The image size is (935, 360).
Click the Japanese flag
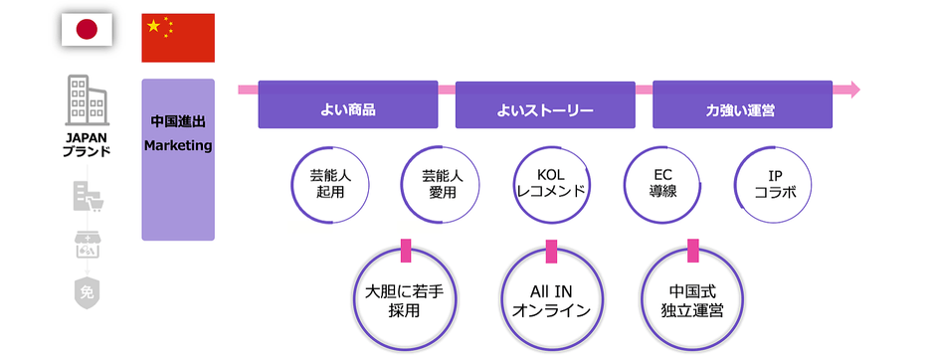87,30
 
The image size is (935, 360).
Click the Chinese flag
178,38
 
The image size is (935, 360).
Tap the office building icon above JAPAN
87,100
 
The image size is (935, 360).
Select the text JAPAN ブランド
87,145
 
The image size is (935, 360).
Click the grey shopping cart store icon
87,197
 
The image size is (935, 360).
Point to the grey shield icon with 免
87,292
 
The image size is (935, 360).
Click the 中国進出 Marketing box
178,159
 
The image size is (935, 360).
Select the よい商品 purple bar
347,110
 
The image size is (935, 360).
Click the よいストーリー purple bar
544,110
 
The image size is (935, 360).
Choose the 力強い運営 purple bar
741,110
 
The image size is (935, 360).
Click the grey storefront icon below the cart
87,244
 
